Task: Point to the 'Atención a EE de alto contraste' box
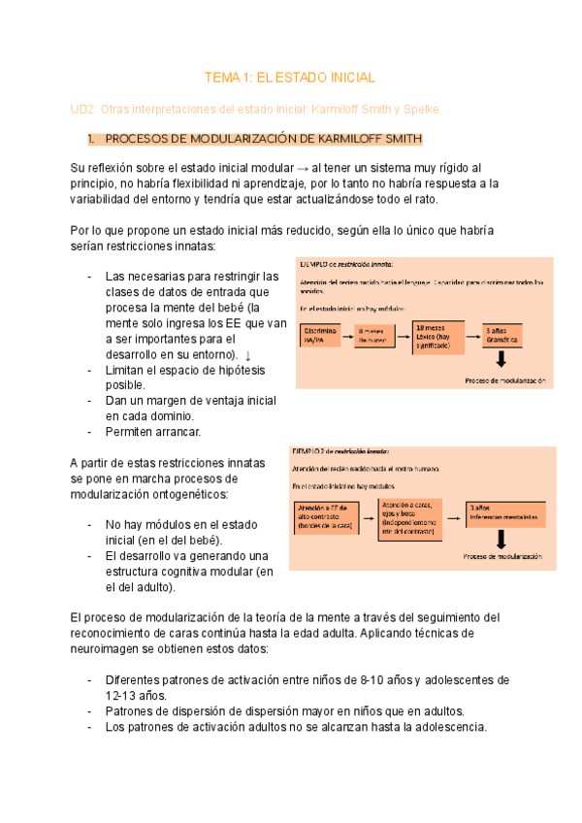click(326, 518)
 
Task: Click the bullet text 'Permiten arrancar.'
click(152, 430)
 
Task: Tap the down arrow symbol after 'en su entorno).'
click(247, 355)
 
